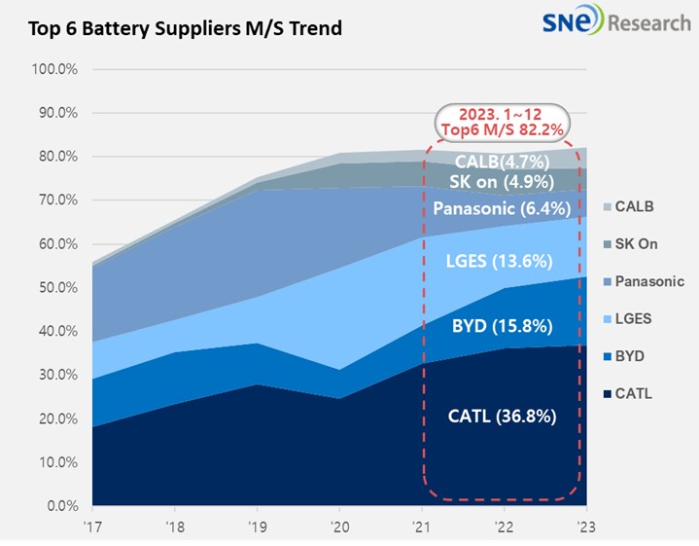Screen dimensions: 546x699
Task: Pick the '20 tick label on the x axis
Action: click(x=338, y=527)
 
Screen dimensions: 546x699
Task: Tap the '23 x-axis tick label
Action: click(x=584, y=527)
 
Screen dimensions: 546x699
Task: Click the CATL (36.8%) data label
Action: click(x=502, y=417)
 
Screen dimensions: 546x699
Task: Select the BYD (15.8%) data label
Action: click(x=502, y=326)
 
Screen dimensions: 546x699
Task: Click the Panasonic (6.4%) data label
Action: click(x=502, y=208)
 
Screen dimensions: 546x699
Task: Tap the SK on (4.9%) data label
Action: click(x=502, y=182)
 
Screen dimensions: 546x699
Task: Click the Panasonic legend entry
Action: click(x=642, y=281)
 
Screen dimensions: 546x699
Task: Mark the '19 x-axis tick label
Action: click(x=256, y=527)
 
